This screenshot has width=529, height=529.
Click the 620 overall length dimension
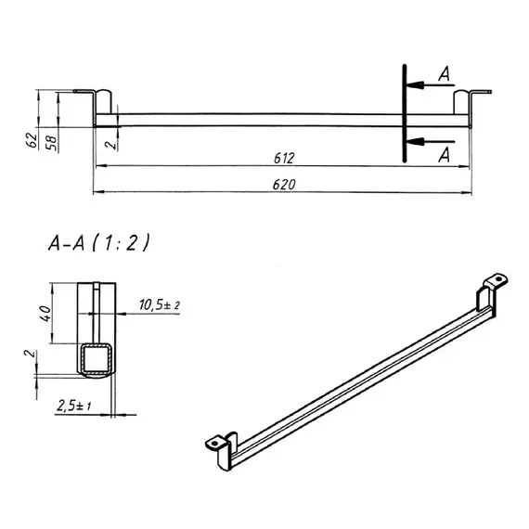[284, 185]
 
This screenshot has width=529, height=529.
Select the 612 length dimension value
[284, 158]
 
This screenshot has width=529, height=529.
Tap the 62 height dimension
[32, 140]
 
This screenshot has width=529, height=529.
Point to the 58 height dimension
[51, 143]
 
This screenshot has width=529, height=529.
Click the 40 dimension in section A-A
[45, 314]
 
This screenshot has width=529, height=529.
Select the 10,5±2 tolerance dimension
[160, 305]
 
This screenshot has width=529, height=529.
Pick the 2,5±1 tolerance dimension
[74, 406]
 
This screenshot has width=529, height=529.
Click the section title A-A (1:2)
[98, 243]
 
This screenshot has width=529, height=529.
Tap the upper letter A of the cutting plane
[445, 74]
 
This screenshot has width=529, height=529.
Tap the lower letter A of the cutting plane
[445, 155]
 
